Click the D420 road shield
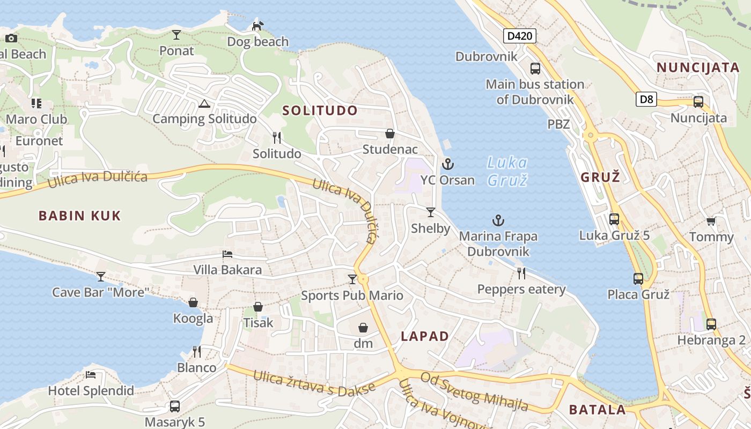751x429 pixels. click(x=520, y=36)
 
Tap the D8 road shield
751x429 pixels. click(x=646, y=99)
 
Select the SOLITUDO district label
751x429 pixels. click(x=320, y=111)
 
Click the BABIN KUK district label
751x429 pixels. click(x=79, y=216)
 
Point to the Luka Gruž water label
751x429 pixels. click(x=507, y=171)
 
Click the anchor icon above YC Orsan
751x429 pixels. click(x=447, y=164)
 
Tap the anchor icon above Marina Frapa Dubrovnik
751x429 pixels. click(x=498, y=220)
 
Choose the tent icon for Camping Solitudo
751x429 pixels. click(x=203, y=103)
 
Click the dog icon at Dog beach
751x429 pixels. click(x=258, y=26)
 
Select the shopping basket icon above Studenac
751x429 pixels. click(x=390, y=134)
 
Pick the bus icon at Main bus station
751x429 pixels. click(x=535, y=69)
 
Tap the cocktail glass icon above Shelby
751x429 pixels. click(x=430, y=212)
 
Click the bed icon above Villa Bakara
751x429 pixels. click(x=227, y=254)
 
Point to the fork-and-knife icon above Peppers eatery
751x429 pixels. click(x=521, y=273)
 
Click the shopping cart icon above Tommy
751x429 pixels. click(x=711, y=221)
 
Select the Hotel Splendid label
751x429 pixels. click(x=91, y=391)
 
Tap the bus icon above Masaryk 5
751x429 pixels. click(x=174, y=406)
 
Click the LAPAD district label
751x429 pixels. click(x=425, y=336)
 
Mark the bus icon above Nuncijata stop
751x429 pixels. click(x=698, y=102)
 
